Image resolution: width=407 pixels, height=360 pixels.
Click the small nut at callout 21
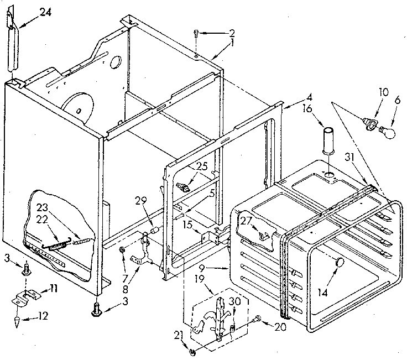pyautogui.click(x=192, y=351)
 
